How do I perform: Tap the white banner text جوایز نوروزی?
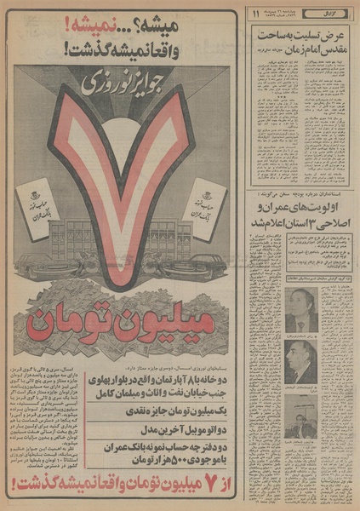click(123, 83)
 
